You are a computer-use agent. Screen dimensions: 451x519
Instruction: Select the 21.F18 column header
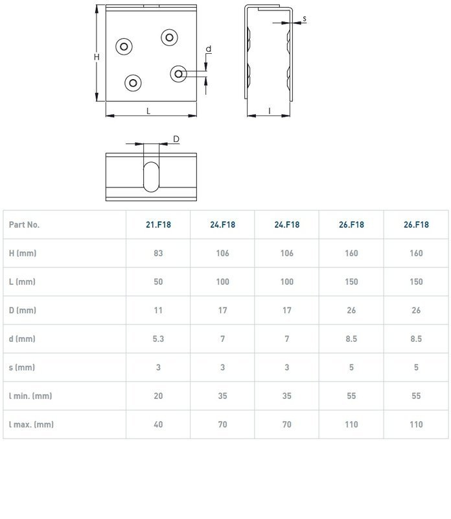click(x=158, y=224)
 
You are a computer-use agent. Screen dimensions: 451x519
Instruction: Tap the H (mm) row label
click(x=23, y=253)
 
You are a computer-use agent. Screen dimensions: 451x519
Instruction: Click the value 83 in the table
click(x=158, y=253)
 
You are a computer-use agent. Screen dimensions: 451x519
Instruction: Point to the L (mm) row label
click(x=22, y=282)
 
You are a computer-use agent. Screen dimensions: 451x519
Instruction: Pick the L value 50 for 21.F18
click(x=158, y=282)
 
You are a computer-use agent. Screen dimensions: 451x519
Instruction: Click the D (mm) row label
click(x=23, y=310)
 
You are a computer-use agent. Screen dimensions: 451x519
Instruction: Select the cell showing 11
click(x=158, y=310)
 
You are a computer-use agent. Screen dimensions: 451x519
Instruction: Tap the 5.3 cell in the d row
click(x=158, y=339)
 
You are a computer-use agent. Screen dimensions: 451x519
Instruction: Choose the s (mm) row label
click(x=22, y=367)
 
